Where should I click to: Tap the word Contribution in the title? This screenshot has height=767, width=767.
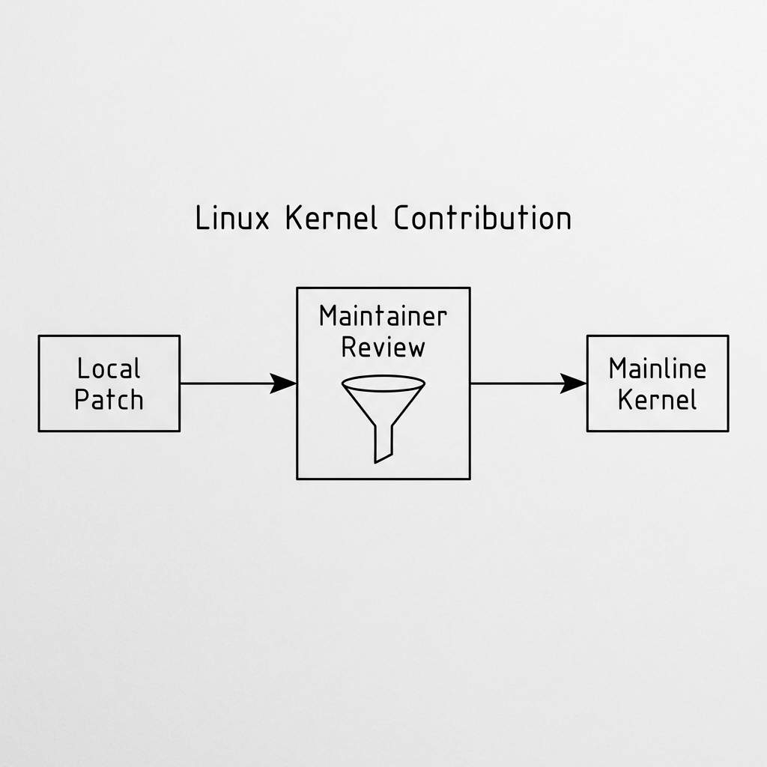pos(482,219)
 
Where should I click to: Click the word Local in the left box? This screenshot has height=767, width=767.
pos(109,369)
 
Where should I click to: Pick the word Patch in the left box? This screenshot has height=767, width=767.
pos(109,398)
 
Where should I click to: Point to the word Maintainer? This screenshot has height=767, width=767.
pos(383,316)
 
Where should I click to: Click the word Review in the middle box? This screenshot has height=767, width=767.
pos(383,347)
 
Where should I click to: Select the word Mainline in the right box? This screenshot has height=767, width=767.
pos(657,369)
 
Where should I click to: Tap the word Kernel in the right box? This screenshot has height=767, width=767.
pos(657,398)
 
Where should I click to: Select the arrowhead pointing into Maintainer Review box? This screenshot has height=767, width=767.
pos(285,383)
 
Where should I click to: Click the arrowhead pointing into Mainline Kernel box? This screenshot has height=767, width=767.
pos(575,383)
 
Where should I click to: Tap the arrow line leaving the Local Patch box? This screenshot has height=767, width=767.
pos(225,383)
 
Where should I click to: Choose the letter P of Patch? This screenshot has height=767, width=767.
pos(82,398)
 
